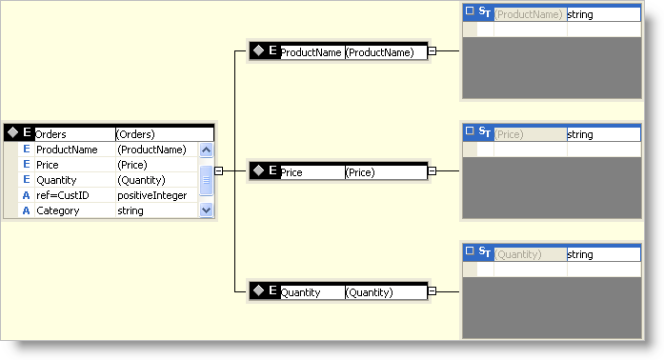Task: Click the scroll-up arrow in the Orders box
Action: (x=207, y=150)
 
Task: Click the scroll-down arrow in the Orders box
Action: (x=207, y=210)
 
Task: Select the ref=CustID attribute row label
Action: (x=62, y=195)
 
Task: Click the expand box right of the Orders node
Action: (x=219, y=171)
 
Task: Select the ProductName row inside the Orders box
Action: (x=67, y=150)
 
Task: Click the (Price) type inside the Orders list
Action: (x=134, y=165)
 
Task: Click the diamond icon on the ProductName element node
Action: (x=256, y=51)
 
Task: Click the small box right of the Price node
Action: (x=432, y=171)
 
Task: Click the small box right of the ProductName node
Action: (x=432, y=51)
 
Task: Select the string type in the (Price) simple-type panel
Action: (x=580, y=134)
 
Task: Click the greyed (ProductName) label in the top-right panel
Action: (x=529, y=14)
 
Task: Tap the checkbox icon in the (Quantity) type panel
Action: (x=469, y=253)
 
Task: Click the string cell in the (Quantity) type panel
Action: (x=580, y=254)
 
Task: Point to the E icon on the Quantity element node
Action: (x=272, y=291)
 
